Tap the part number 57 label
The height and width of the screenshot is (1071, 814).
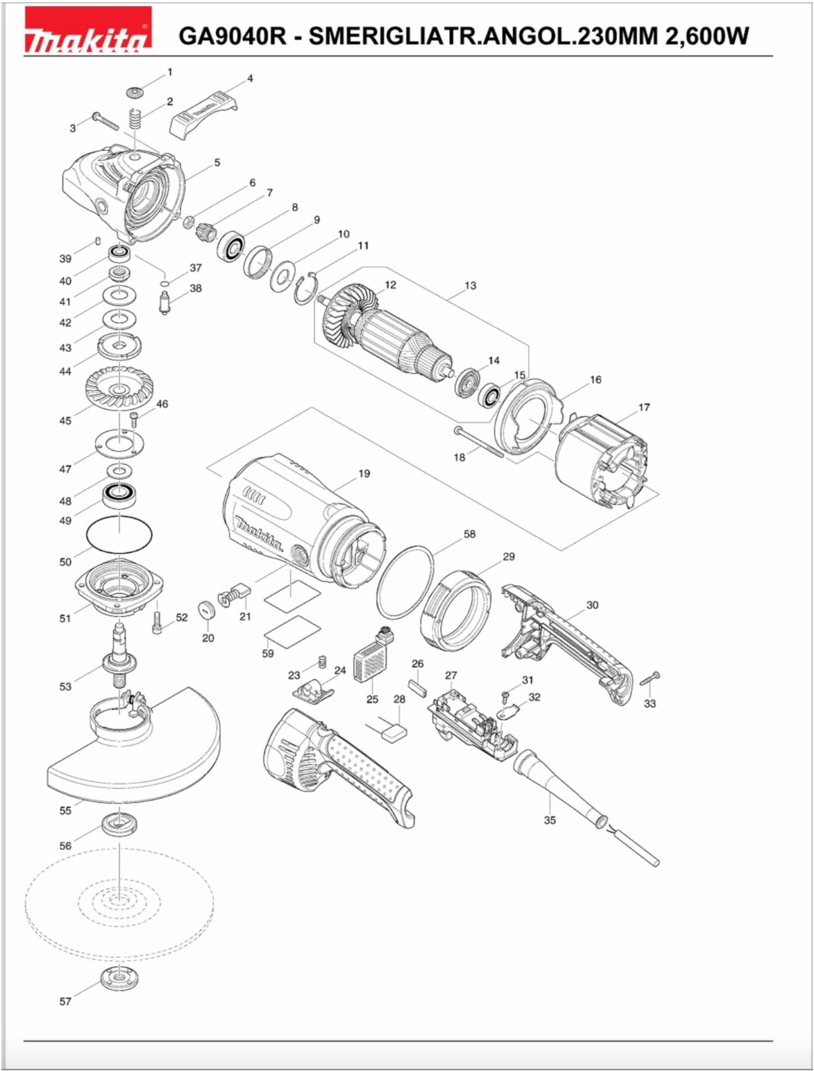[x=65, y=1001]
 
